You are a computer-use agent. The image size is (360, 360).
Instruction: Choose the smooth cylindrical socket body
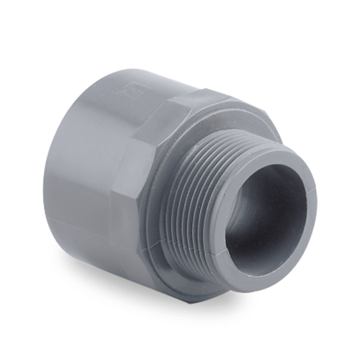(79, 166)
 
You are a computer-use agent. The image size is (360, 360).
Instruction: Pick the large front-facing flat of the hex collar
(133, 194)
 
